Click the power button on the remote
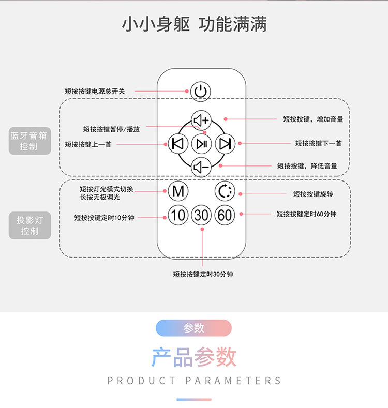[x=201, y=92]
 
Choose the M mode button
[x=178, y=191]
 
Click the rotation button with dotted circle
[x=225, y=191]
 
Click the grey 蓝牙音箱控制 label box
[x=29, y=141]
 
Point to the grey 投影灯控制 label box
[x=29, y=225]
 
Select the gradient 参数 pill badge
[x=193, y=328]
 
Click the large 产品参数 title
[x=194, y=357]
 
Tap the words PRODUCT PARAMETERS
[x=194, y=381]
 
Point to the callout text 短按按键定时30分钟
[x=203, y=274]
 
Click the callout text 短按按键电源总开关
[x=95, y=91]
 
